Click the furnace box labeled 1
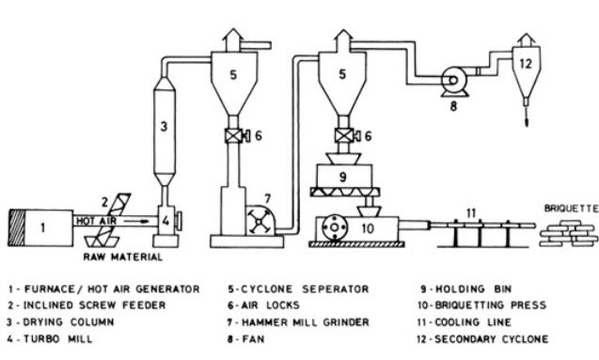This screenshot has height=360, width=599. click(40, 227)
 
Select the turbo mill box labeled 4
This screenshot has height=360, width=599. click(166, 221)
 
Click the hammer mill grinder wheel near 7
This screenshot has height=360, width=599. click(259, 221)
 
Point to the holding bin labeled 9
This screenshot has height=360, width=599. click(344, 176)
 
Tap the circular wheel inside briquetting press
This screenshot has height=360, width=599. click(334, 227)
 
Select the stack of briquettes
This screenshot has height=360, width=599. click(568, 232)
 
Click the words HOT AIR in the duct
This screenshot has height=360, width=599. click(96, 221)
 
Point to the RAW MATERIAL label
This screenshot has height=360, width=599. click(122, 257)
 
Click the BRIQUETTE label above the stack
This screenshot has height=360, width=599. click(571, 209)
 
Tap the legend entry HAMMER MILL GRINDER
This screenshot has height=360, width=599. click(299, 322)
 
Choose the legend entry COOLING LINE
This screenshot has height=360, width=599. click(464, 322)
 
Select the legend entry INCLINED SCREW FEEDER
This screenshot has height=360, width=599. click(87, 305)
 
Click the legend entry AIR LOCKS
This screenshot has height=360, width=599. click(263, 305)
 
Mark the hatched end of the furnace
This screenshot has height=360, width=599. click(16, 227)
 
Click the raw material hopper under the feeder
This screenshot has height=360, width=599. click(102, 242)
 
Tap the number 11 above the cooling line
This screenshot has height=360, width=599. click(471, 212)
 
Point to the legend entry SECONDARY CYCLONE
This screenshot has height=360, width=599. click(482, 339)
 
